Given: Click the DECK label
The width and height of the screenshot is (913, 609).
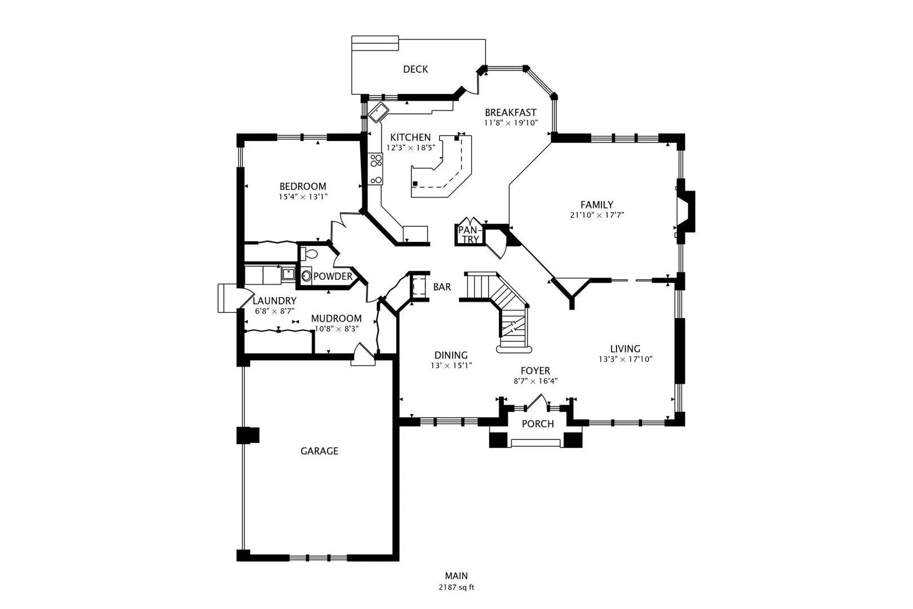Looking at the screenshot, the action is click(415, 69).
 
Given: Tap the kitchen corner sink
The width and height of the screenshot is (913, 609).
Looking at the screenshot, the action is click(379, 112).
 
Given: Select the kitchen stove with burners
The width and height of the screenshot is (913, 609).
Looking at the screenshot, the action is click(375, 169).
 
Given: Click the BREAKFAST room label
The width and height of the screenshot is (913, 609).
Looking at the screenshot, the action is click(510, 112).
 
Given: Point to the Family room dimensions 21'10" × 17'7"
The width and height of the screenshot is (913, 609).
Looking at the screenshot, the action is click(597, 215).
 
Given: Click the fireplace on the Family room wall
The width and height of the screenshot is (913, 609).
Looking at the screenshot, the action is click(686, 211).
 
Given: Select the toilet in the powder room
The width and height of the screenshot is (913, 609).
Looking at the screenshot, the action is click(308, 254).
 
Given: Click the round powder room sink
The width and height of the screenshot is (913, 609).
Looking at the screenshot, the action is click(306, 276).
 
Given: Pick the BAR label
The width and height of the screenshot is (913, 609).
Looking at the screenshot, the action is click(442, 287).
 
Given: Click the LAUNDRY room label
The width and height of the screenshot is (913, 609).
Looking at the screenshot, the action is click(274, 301).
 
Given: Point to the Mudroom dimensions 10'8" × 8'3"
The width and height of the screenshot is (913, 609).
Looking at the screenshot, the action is click(336, 328).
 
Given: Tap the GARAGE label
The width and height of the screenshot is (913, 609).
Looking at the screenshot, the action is click(319, 451).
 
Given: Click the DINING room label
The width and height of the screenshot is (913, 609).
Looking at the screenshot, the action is click(451, 355).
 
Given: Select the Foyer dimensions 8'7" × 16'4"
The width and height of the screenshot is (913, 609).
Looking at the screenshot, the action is click(535, 381).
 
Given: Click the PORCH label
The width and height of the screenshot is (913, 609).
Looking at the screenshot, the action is click(538, 424).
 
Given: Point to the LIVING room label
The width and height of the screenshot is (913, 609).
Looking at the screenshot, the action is click(625, 348).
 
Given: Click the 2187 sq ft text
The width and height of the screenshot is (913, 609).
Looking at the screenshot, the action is click(456, 588).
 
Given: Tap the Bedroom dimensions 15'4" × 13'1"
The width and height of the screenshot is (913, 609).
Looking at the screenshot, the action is click(303, 197).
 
